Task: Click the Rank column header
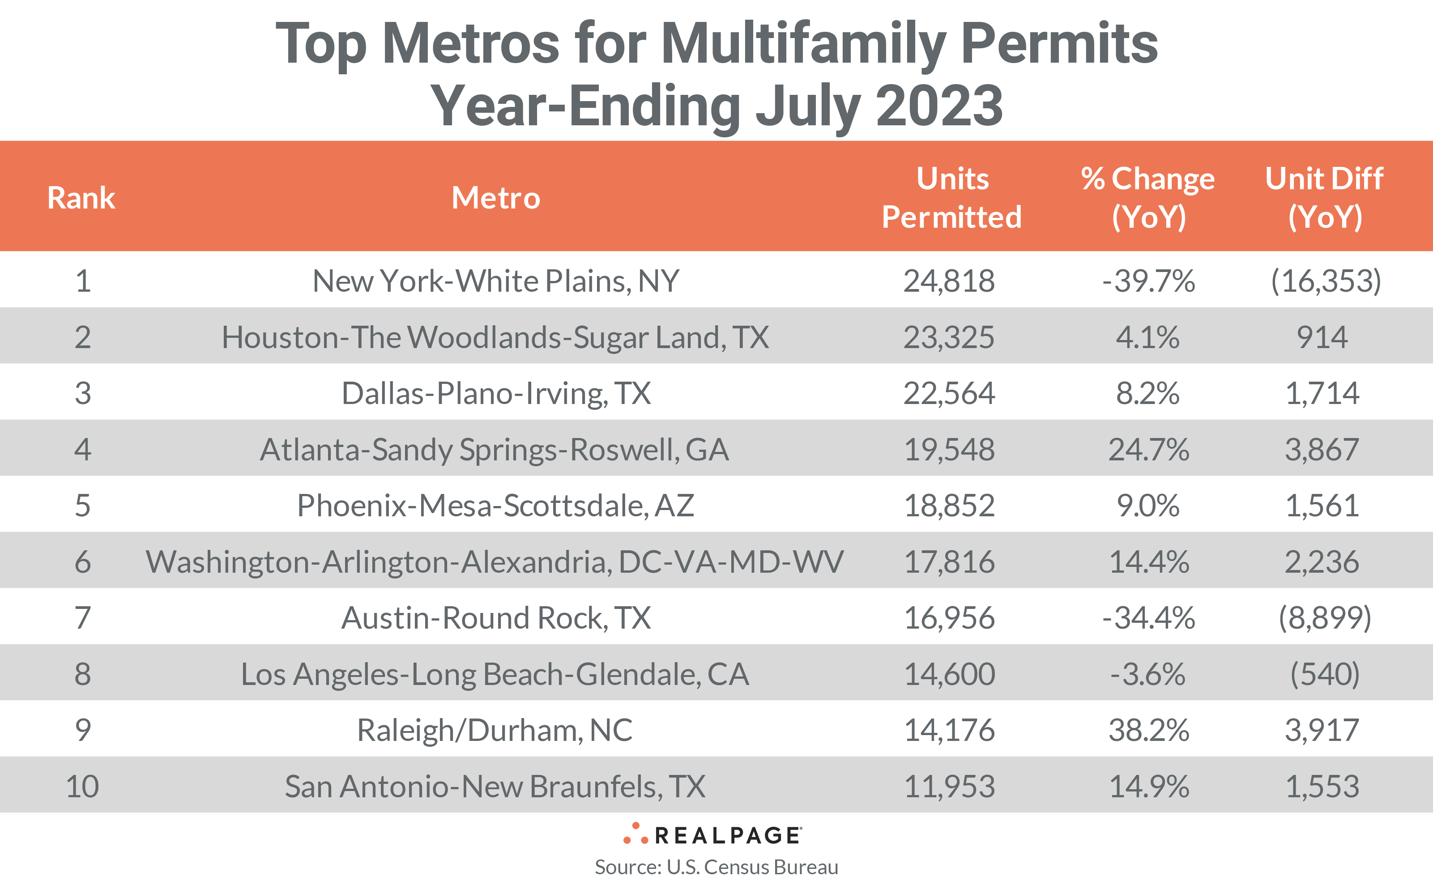click(x=81, y=198)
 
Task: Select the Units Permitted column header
click(x=951, y=198)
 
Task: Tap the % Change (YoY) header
click(x=1148, y=198)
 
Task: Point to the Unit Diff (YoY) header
click(x=1324, y=198)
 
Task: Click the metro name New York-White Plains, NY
click(x=496, y=281)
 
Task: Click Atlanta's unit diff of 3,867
click(x=1322, y=449)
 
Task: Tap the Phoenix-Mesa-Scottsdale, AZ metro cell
click(x=496, y=505)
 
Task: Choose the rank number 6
click(x=82, y=561)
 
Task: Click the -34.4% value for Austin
click(x=1148, y=617)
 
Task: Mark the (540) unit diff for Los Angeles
click(x=1324, y=674)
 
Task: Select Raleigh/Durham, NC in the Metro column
click(x=495, y=730)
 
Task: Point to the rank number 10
click(x=82, y=786)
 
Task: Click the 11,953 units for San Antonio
click(x=949, y=786)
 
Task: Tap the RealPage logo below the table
click(x=712, y=834)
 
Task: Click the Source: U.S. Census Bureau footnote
click(x=716, y=867)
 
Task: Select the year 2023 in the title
click(x=939, y=106)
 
